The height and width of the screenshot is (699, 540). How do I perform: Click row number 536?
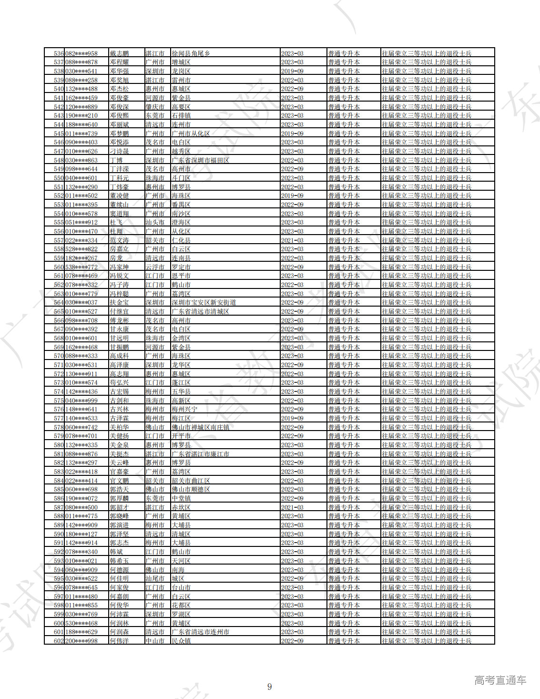tap(59, 53)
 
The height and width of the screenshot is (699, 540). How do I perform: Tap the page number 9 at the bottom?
tap(269, 687)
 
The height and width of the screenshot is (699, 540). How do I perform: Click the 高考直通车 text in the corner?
tap(500, 680)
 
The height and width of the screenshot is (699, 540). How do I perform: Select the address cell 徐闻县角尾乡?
tap(191, 53)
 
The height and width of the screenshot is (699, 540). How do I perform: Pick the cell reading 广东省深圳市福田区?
tap(200, 160)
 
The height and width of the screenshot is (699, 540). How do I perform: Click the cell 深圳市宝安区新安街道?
tap(204, 302)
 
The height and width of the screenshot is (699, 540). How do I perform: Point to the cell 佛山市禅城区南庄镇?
tap(200, 427)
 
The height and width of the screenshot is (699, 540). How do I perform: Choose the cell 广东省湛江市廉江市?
tap(200, 454)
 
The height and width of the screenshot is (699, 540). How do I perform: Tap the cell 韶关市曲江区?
tap(191, 481)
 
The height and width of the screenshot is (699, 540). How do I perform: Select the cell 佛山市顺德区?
tap(191, 489)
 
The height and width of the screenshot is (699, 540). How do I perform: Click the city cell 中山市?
tap(155, 641)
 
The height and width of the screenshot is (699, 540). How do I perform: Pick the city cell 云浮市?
tap(155, 267)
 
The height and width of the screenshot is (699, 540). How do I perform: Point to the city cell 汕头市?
tap(155, 222)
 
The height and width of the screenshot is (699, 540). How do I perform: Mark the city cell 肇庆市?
tap(155, 107)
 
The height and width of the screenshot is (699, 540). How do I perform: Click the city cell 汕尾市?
tap(155, 578)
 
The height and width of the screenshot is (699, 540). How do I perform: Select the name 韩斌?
tap(116, 552)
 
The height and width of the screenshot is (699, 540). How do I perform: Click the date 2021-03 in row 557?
tap(292, 240)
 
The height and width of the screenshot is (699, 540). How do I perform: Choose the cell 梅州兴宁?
tap(184, 409)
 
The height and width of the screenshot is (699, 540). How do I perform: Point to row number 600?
tap(59, 623)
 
